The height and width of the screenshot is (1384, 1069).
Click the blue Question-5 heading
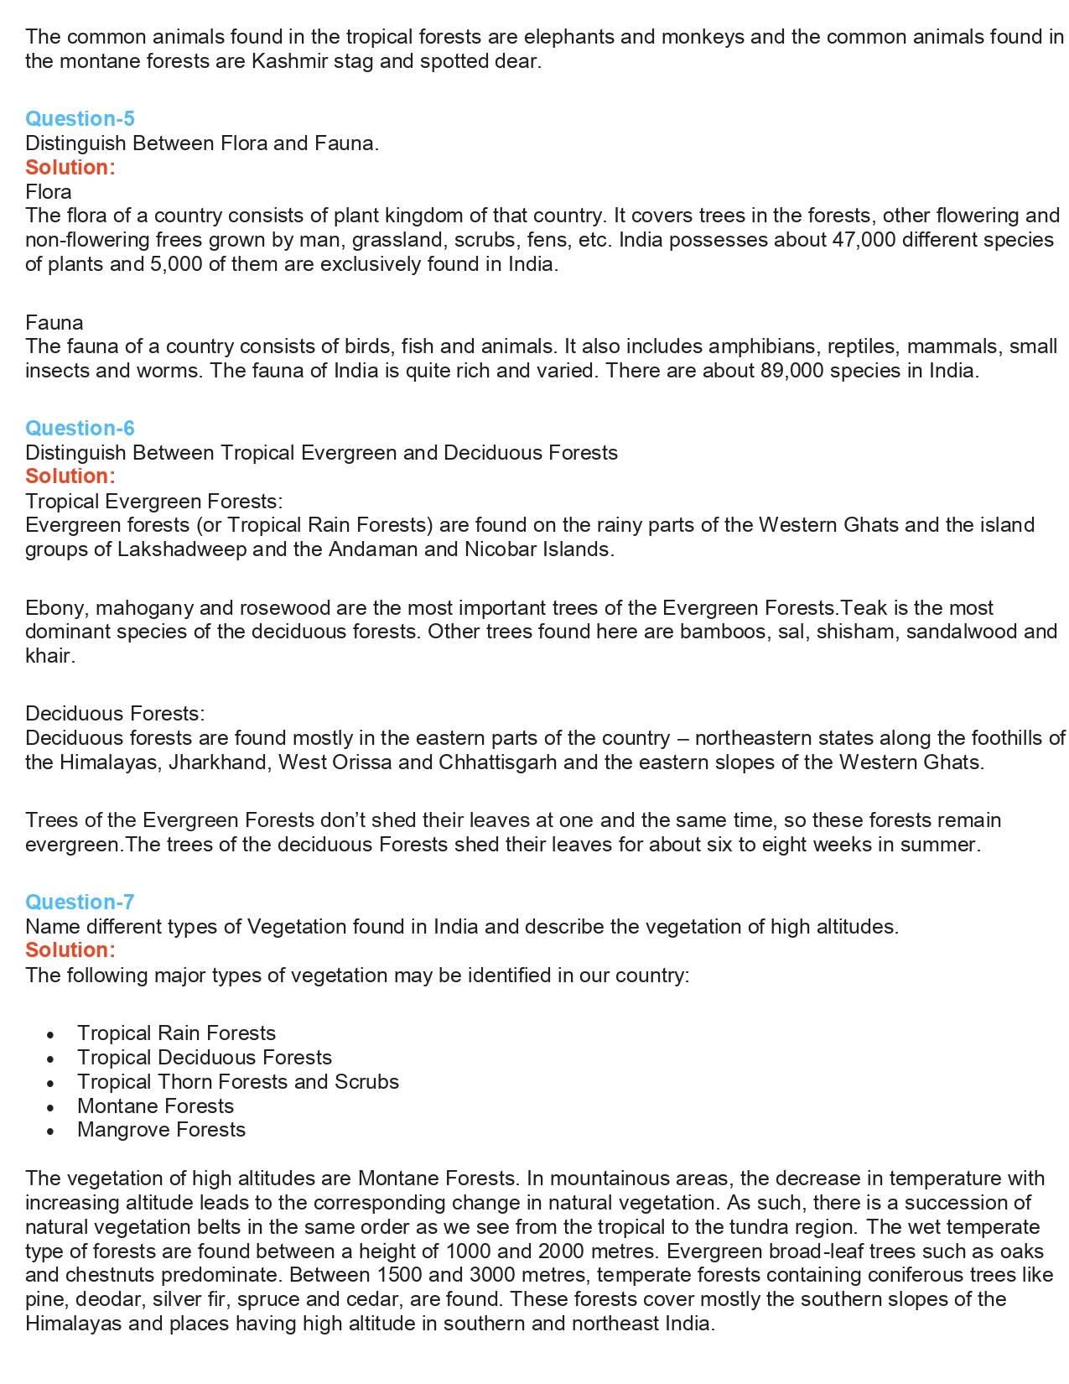click(x=80, y=118)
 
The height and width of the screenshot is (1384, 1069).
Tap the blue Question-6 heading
click(x=80, y=428)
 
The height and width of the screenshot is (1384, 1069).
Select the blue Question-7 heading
click(x=80, y=902)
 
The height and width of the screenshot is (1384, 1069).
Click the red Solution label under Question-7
click(x=70, y=950)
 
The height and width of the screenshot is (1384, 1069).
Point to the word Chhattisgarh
click(x=497, y=762)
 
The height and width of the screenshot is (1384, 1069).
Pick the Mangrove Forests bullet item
click(x=161, y=1130)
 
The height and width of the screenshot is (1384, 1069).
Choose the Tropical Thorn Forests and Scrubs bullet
click(x=237, y=1081)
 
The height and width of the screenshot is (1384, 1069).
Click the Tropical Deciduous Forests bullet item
click(x=204, y=1057)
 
